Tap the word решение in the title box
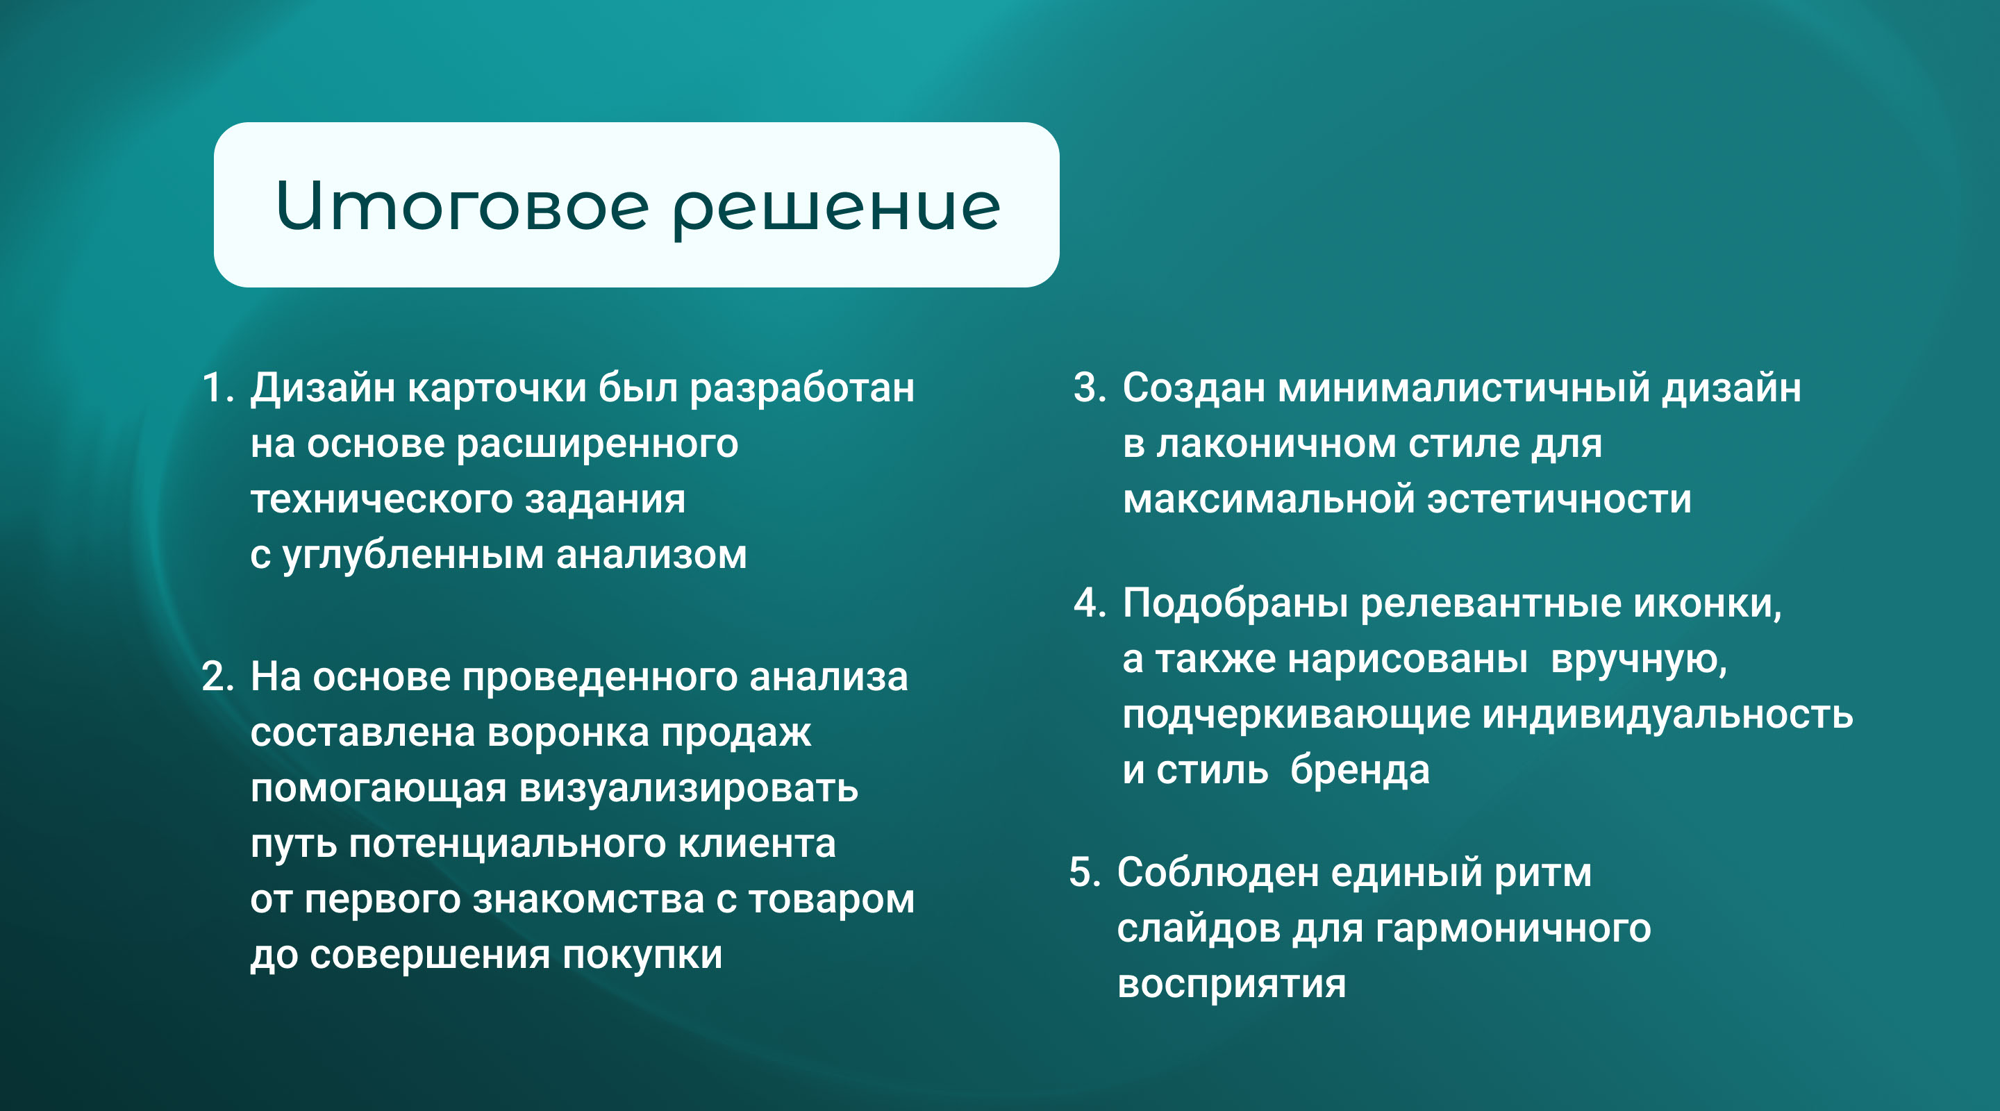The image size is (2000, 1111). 837,211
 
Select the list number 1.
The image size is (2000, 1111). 217,387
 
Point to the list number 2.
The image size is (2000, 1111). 217,676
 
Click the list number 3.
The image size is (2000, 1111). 1090,387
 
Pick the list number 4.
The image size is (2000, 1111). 1090,603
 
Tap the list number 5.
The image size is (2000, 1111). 1085,872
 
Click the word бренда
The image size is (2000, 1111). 1360,770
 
